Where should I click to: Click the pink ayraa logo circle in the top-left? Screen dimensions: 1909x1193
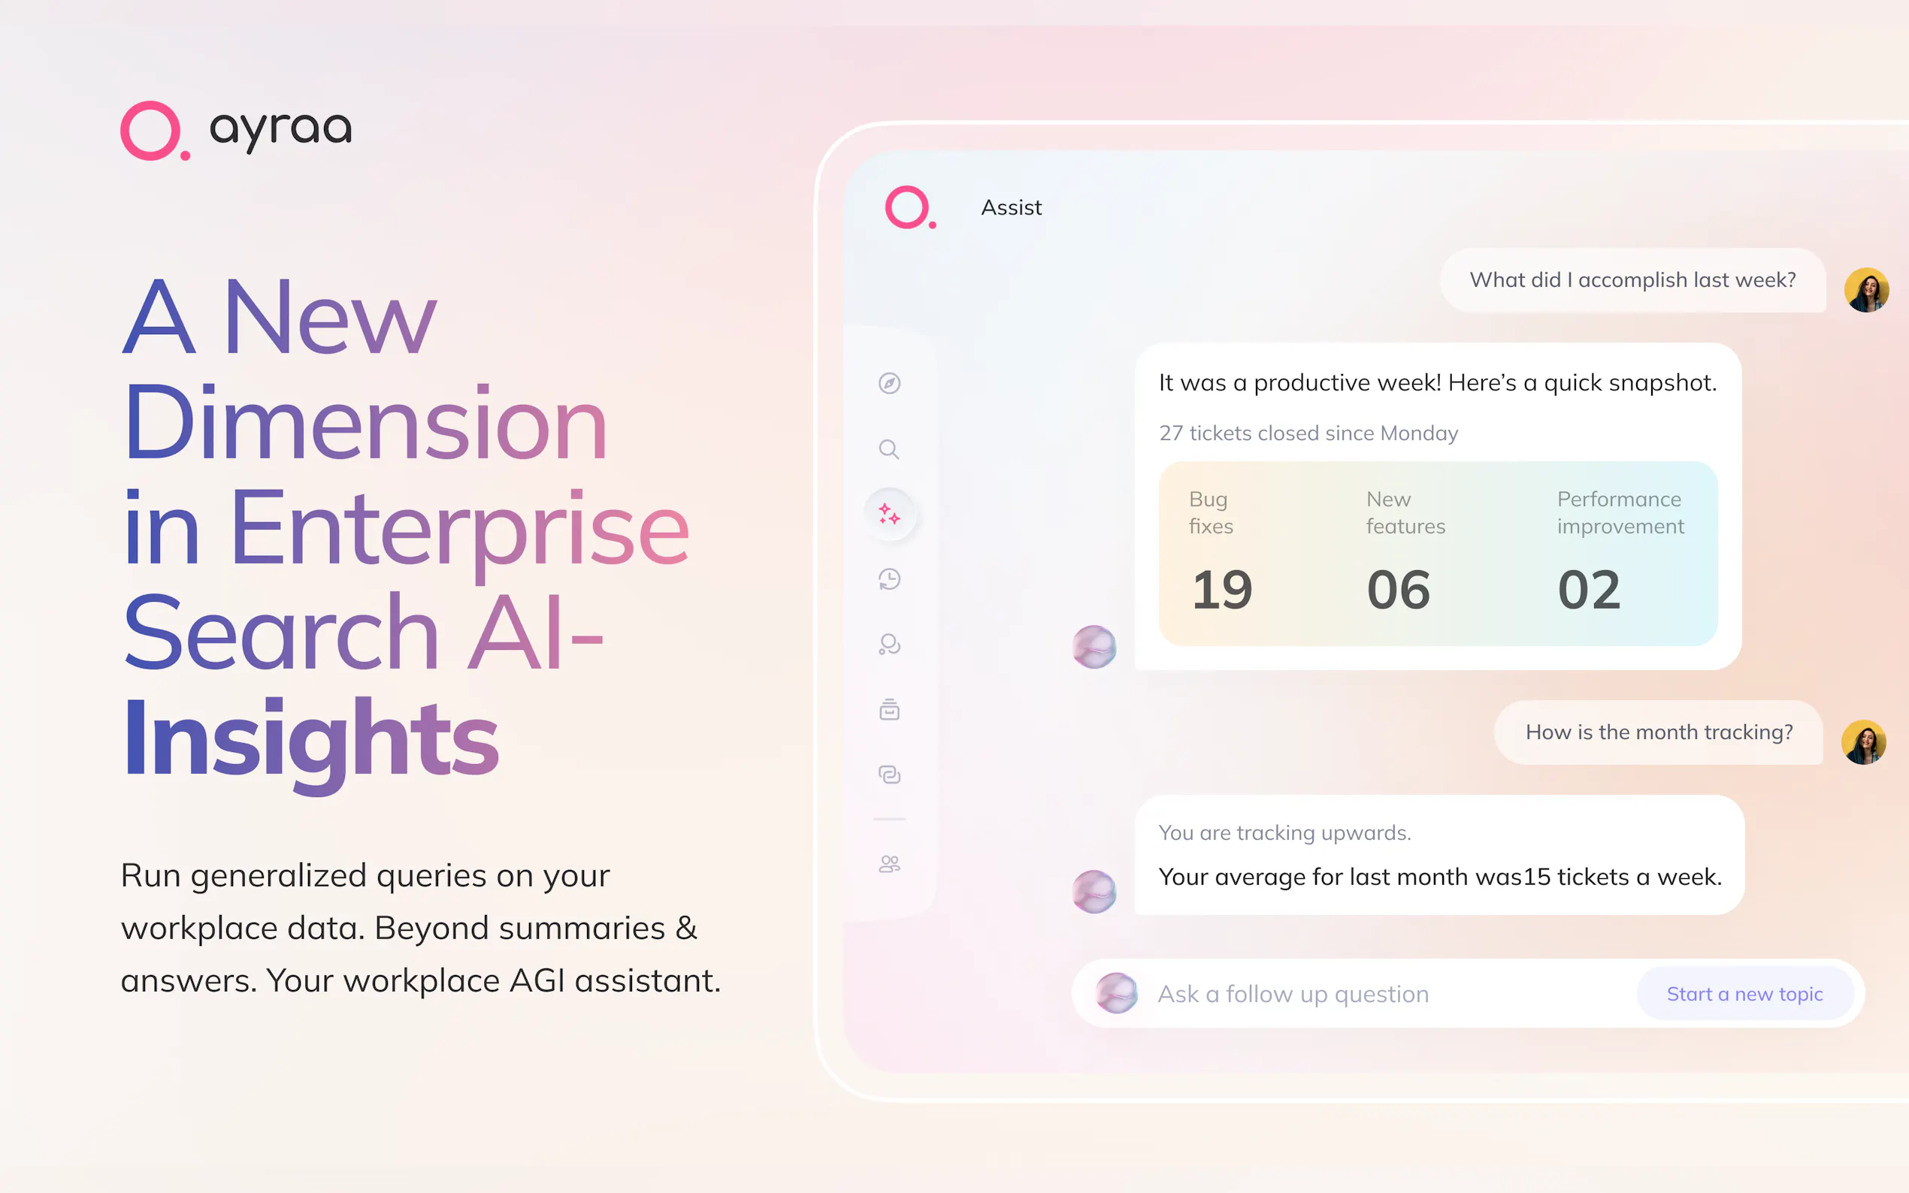(x=151, y=130)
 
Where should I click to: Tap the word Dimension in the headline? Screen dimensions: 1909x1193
(x=365, y=423)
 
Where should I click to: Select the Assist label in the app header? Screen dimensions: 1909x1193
(x=1011, y=207)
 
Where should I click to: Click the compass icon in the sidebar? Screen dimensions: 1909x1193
(x=889, y=383)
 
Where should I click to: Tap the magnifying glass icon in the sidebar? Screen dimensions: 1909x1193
(x=889, y=449)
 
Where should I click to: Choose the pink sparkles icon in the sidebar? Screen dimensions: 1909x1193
(x=889, y=515)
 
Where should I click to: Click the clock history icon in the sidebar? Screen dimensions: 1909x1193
(x=889, y=579)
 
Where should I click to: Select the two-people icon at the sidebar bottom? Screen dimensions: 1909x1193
(x=889, y=864)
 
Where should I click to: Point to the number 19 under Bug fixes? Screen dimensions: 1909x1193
(x=1221, y=590)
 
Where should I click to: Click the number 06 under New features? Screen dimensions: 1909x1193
(x=1399, y=590)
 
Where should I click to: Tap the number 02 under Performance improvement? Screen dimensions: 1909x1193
(x=1590, y=590)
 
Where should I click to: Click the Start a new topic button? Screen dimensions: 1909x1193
(x=1745, y=994)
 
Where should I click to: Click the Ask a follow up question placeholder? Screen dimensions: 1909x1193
(x=1293, y=994)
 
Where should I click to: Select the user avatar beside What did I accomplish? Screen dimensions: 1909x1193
(x=1866, y=290)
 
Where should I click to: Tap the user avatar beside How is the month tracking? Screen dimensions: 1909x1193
(x=1864, y=742)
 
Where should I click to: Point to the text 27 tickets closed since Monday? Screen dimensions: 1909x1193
(x=1308, y=433)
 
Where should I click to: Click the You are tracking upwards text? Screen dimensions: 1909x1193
(x=1284, y=833)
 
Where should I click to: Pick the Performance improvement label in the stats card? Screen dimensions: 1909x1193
(x=1620, y=513)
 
